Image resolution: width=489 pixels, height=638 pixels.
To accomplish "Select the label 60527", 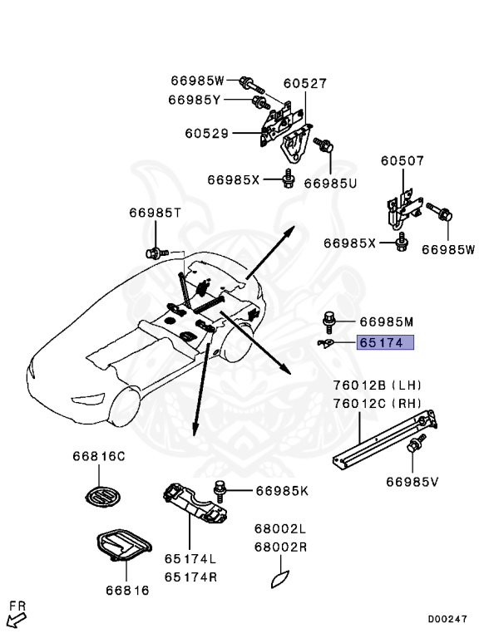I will point(304,84).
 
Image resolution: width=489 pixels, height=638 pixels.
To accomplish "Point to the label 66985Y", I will point(195,101).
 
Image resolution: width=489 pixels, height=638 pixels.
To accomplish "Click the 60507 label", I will point(403,161).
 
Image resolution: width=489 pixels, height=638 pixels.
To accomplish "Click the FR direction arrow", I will point(16,618).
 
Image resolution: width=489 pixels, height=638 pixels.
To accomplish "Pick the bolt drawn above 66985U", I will point(326,150).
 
